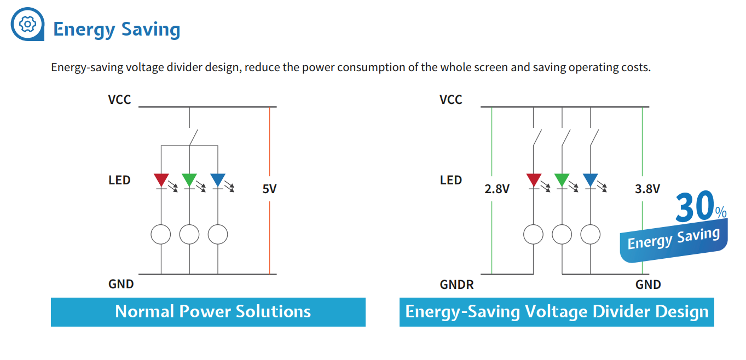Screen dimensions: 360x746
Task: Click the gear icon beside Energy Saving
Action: coord(27,24)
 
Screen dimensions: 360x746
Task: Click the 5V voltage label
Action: coord(269,189)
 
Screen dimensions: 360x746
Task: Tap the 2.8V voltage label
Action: coord(497,189)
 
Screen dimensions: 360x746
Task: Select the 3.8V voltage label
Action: coord(647,189)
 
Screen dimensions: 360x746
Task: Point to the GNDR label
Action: coord(456,284)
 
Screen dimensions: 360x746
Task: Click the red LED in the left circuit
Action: coord(161,179)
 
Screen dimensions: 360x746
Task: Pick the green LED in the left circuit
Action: coord(189,179)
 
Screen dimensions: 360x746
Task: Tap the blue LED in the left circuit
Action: coord(218,179)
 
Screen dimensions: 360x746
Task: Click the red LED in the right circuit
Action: coord(534,179)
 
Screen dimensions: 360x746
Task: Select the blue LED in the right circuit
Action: coord(591,179)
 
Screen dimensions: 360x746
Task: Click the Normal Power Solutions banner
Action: coord(208,312)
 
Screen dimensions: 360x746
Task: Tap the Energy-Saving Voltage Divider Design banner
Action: coord(557,312)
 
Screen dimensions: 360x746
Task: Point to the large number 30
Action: coord(694,208)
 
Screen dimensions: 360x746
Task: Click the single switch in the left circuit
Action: coord(193,137)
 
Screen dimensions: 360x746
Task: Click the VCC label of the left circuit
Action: coord(119,100)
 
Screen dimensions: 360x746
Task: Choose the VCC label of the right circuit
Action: coord(451,100)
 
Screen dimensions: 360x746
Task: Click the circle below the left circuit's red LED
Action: coord(161,235)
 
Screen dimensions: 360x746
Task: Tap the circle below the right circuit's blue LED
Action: coord(591,235)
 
